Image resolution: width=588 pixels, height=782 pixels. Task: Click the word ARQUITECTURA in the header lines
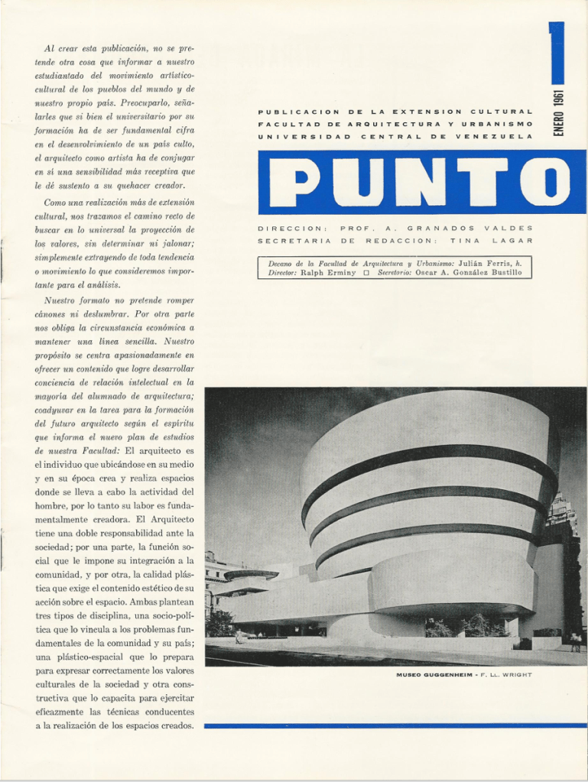(389, 124)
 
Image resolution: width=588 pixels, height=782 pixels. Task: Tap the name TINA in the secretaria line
(463, 241)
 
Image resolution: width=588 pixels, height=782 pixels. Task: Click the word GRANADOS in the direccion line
(441, 228)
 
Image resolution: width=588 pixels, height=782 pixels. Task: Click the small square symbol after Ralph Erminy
(367, 273)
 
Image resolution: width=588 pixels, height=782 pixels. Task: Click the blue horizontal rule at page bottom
(395, 725)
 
